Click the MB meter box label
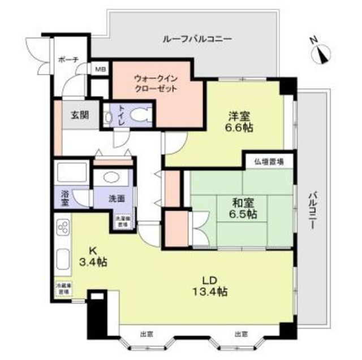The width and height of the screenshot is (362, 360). point(100,70)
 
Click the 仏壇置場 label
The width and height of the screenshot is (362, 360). point(269,162)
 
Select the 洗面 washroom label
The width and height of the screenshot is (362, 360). point(117,199)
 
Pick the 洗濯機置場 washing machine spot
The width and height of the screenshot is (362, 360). point(122,221)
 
